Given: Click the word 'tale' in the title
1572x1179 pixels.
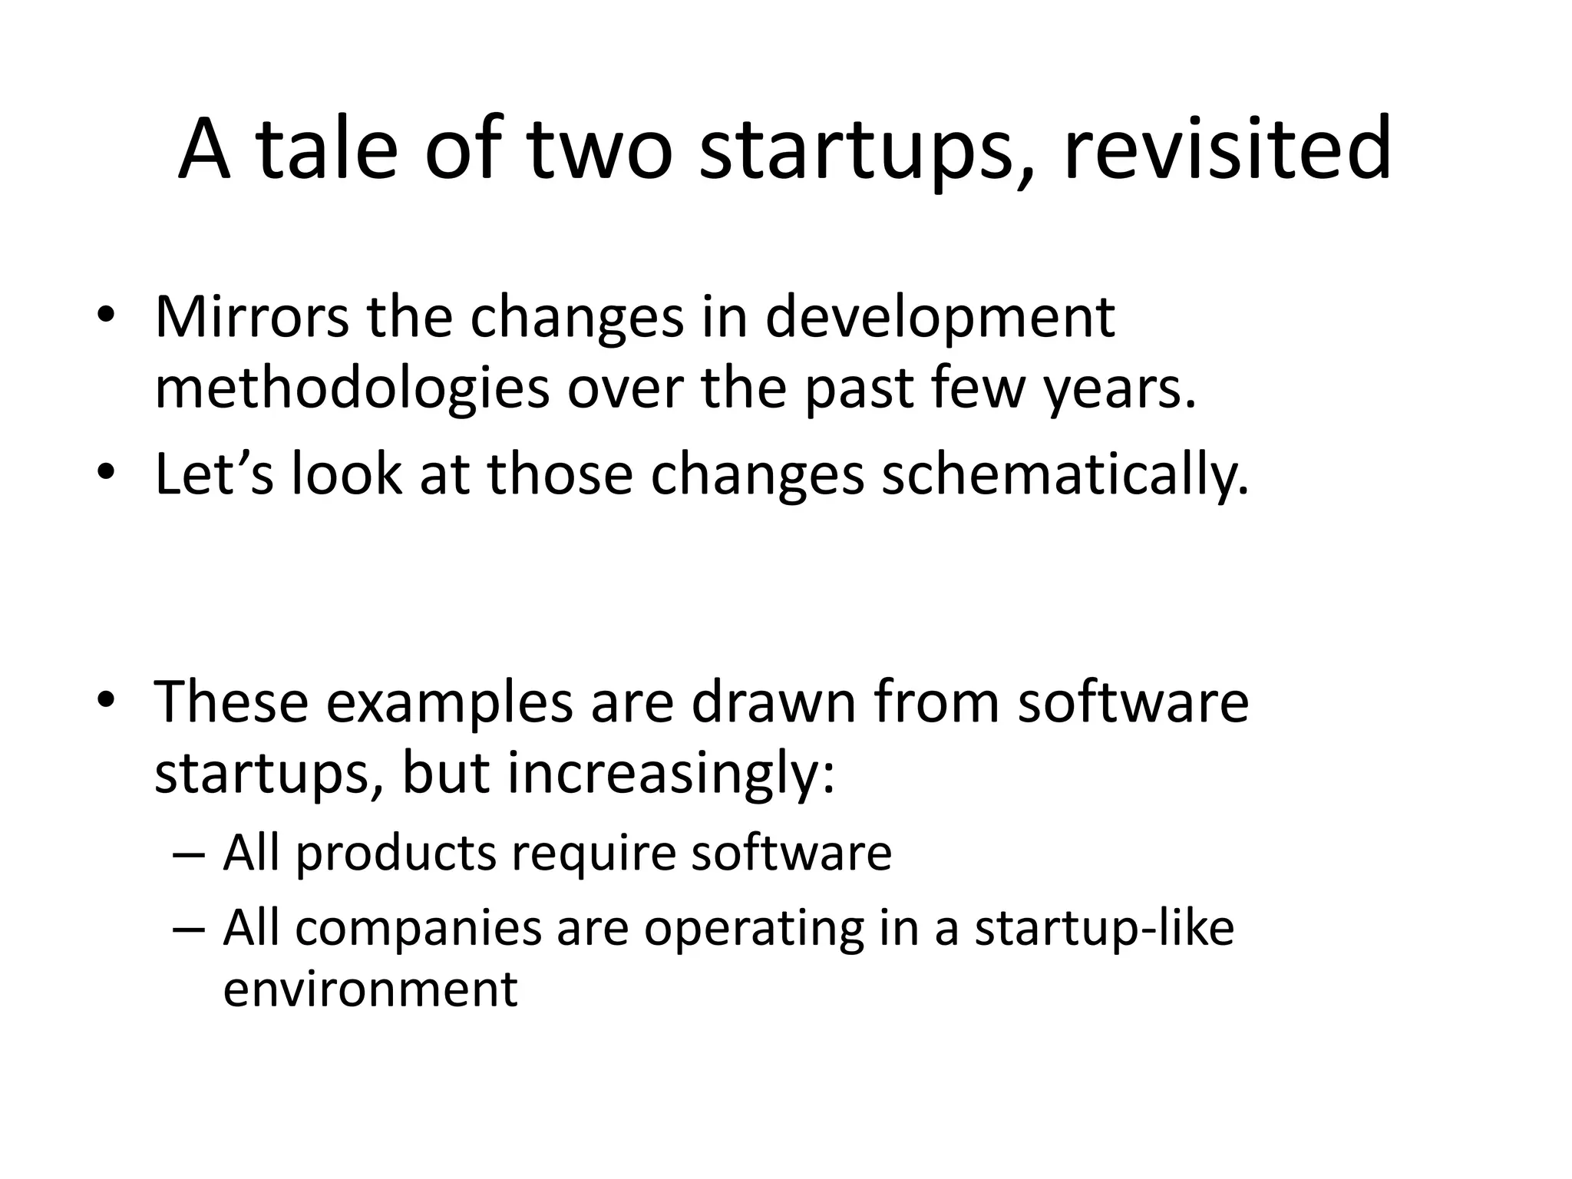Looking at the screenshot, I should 328,150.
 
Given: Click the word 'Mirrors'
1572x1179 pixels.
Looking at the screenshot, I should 251,316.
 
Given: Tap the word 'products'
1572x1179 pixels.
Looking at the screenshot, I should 396,854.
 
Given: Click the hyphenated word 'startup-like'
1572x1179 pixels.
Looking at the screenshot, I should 1104,929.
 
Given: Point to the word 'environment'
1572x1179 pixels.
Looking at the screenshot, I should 370,989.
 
